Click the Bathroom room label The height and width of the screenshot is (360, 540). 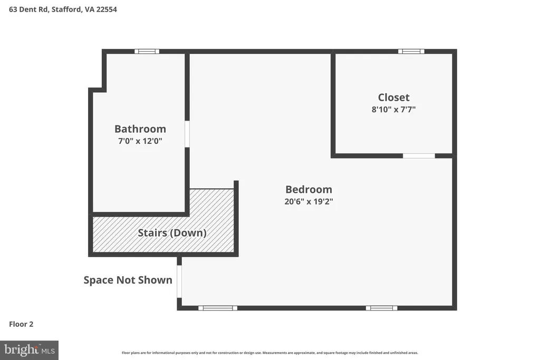pos(140,129)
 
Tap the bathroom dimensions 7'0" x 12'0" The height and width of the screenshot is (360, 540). pos(140,141)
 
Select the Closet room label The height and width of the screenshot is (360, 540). pos(393,98)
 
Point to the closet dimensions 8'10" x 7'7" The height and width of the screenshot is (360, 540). pos(393,110)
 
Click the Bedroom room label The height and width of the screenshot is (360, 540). pos(308,189)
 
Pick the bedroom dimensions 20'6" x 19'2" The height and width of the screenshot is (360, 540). pos(308,201)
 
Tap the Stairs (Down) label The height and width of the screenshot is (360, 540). pos(172,233)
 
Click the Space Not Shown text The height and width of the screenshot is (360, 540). pos(128,280)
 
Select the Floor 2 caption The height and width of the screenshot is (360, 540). pos(21,324)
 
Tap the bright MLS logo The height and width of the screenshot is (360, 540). pos(30,351)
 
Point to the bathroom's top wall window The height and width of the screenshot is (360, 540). pos(147,51)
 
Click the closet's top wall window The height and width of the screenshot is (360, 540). pos(411,51)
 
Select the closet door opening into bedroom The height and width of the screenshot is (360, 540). pos(419,156)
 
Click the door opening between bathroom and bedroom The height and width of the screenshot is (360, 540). pos(187,134)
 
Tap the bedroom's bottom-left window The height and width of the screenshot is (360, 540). pos(218,308)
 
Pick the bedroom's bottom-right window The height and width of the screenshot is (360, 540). pos(382,308)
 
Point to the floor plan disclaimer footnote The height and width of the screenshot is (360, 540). pos(270,353)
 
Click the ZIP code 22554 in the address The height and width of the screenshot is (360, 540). pos(107,9)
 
